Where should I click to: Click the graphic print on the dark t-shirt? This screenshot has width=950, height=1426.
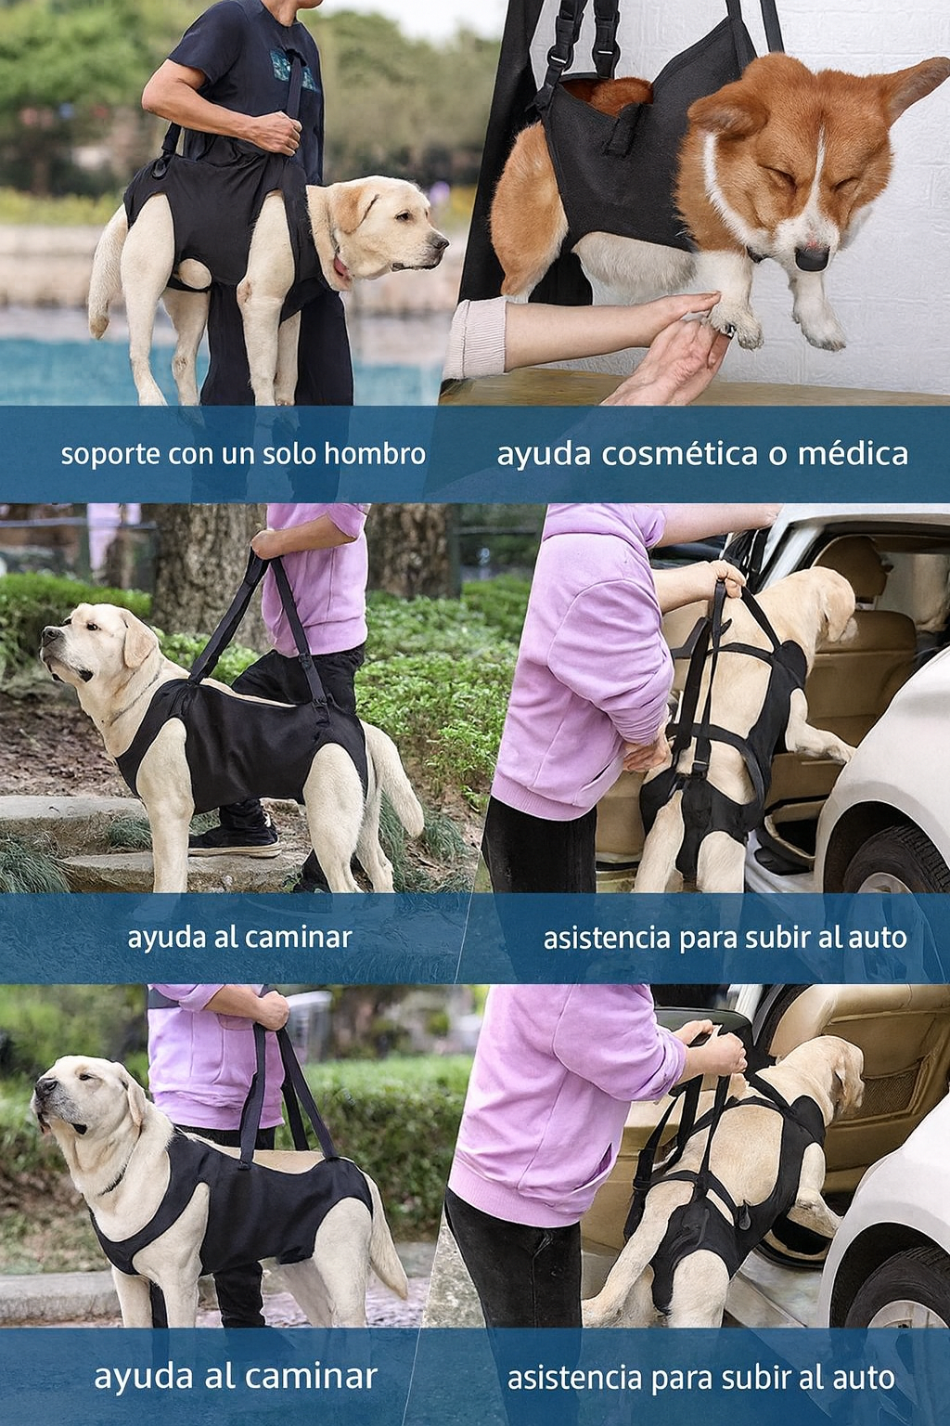292,70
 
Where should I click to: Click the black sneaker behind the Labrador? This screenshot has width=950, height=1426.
237,840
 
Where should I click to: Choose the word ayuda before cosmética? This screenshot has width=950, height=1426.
543,454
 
